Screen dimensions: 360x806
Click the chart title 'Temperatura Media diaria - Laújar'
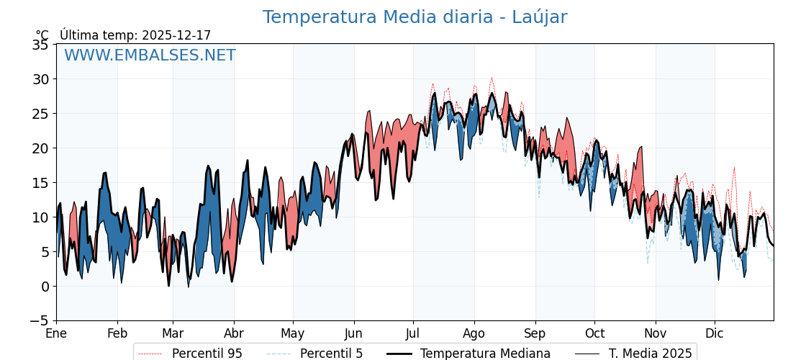pos(415,17)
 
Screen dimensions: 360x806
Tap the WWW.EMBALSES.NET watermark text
pos(150,55)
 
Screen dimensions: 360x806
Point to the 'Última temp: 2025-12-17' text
pos(135,35)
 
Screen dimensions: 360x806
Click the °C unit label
pos(42,35)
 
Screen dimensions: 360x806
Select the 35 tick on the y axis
pos(40,45)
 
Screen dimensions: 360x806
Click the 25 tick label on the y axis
pos(40,114)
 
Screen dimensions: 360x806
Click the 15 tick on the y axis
pos(40,183)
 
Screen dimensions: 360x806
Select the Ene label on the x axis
pos(56,334)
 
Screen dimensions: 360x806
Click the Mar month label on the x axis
pos(173,334)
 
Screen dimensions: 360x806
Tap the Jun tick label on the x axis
pos(353,334)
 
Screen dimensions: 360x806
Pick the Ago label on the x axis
pos(474,334)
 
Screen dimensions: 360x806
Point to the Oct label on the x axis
pos(594,334)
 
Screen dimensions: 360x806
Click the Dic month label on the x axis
pos(715,334)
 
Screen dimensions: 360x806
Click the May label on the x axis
pos(293,334)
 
